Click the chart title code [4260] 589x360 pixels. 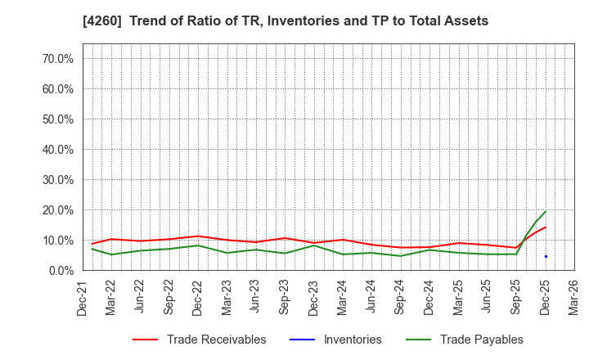(x=121, y=20)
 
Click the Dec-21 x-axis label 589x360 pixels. (x=83, y=298)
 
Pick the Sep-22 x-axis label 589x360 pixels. (x=169, y=298)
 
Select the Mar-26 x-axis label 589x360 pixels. (x=574, y=298)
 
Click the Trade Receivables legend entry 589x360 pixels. (x=216, y=340)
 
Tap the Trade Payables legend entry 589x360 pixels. (x=481, y=340)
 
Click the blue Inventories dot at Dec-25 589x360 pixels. (x=546, y=257)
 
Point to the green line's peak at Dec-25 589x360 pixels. (x=546, y=211)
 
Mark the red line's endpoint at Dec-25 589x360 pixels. (x=546, y=227)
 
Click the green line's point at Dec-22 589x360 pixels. (x=198, y=245)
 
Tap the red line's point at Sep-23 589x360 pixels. (x=285, y=238)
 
